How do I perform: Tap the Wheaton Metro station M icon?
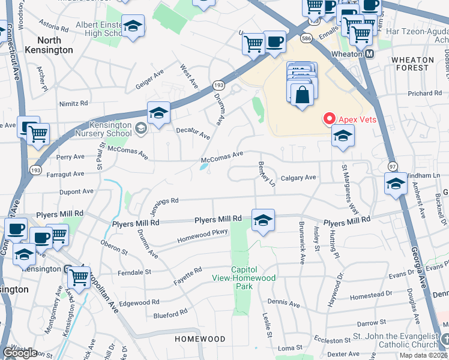[x=369, y=53]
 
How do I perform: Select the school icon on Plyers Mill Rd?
[x=263, y=221]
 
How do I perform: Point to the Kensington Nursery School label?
[x=106, y=127]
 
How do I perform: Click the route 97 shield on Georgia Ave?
[x=393, y=166]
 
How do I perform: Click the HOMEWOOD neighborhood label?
[x=200, y=339]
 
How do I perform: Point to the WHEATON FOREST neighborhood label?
[x=412, y=64]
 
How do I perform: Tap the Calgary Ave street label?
[x=298, y=178]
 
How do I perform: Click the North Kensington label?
[x=50, y=45]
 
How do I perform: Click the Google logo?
[x=20, y=353]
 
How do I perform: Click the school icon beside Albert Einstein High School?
[x=133, y=26]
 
